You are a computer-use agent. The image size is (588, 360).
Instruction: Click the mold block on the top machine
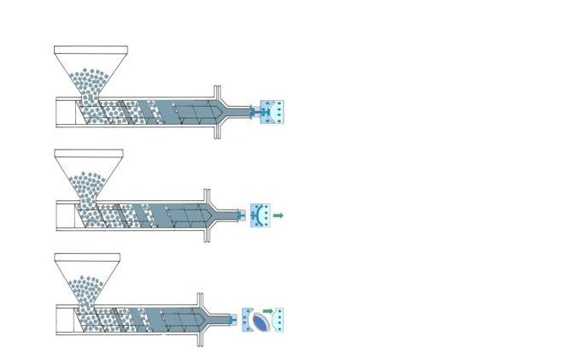273,111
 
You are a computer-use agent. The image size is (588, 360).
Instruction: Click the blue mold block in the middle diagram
259,214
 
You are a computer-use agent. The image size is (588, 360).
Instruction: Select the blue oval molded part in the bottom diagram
262,320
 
